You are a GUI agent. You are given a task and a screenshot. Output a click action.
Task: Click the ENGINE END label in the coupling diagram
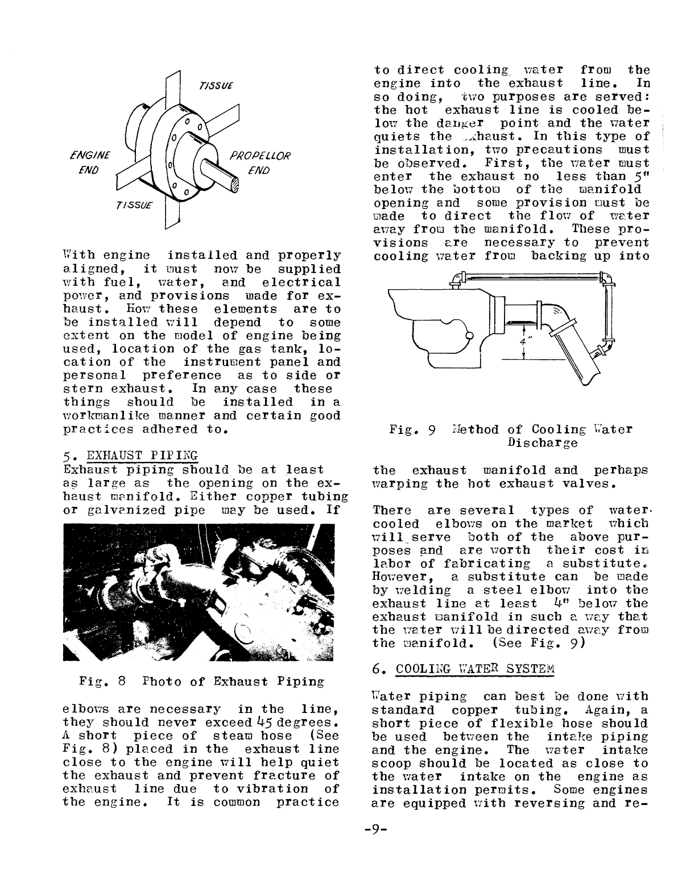pos(91,162)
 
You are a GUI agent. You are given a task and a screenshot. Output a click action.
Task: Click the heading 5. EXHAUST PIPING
pos(131,455)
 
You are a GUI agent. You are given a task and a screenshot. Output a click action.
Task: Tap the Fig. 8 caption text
pos(202,681)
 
